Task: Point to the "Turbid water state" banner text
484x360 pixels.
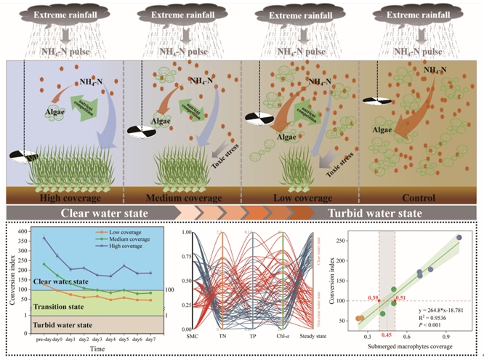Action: (374, 213)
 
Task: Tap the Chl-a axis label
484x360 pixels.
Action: (280, 337)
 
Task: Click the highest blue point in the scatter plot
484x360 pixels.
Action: (459, 238)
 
